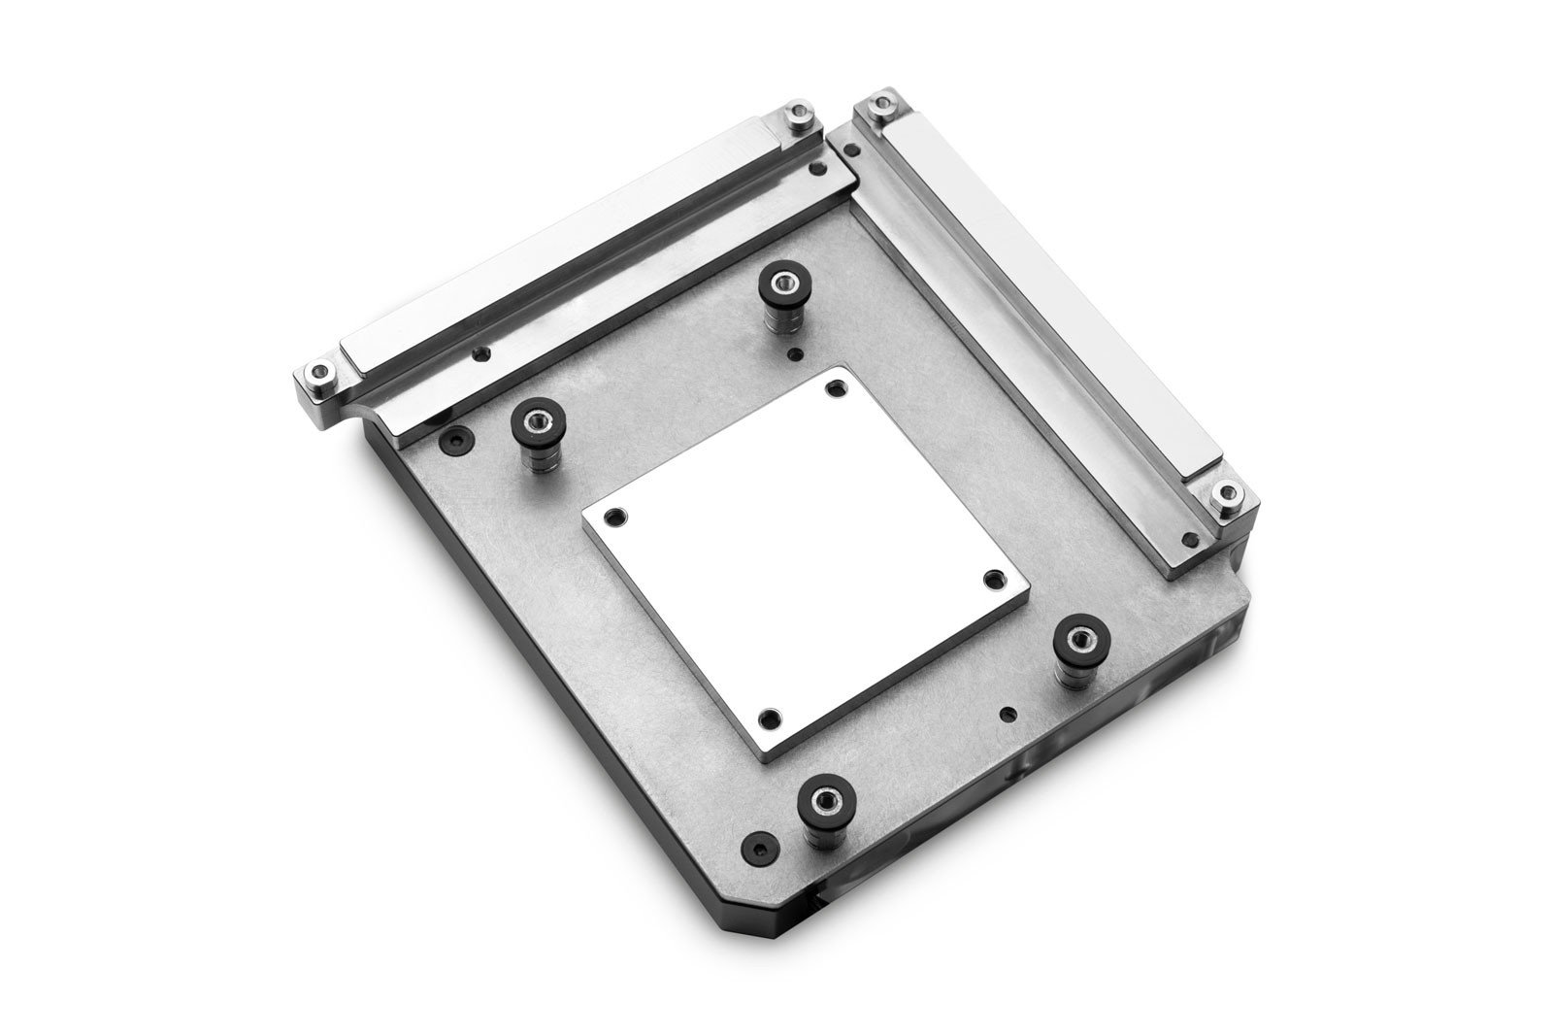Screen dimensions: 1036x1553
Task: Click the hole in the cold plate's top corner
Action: pos(832,388)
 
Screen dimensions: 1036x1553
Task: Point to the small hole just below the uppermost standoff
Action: pos(796,353)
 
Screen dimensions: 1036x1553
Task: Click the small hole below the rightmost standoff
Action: pos(1009,715)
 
